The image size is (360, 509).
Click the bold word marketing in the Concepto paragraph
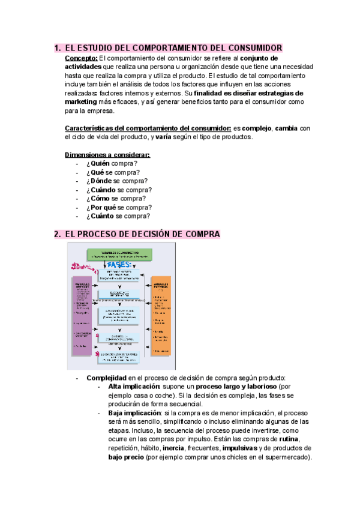pyautogui.click(x=80, y=102)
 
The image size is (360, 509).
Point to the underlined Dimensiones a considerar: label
pyautogui.click(x=107, y=155)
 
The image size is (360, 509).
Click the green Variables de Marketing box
pyautogui.click(x=118, y=254)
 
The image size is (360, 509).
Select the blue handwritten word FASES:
pyautogui.click(x=121, y=265)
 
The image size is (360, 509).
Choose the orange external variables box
pyautogui.click(x=161, y=316)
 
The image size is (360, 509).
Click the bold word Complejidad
pyautogui.click(x=106, y=378)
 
